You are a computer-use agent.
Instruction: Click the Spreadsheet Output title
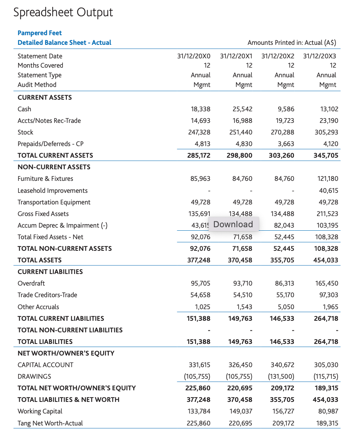click(63, 12)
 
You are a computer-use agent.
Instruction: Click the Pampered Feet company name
click(39, 33)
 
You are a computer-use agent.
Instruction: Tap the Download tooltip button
click(233, 225)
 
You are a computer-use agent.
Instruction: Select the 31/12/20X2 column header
click(278, 56)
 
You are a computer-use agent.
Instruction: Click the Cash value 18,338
click(201, 109)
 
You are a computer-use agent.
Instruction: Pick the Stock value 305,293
click(326, 132)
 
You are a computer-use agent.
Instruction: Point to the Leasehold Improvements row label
click(53, 191)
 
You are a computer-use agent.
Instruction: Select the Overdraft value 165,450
click(327, 283)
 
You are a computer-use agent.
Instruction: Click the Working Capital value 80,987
click(328, 411)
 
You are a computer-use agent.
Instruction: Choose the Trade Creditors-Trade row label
click(47, 295)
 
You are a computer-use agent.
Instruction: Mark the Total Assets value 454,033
click(326, 260)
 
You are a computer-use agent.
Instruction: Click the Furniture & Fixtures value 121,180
click(328, 179)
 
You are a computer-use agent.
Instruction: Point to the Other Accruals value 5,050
click(286, 307)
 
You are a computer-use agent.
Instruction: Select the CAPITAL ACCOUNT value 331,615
click(199, 365)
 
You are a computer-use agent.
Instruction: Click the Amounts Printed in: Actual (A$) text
click(292, 43)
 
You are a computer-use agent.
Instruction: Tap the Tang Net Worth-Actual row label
click(50, 423)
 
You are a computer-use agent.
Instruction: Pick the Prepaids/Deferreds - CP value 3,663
click(286, 144)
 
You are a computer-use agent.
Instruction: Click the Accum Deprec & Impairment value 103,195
click(326, 225)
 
